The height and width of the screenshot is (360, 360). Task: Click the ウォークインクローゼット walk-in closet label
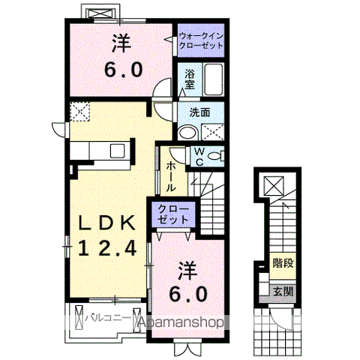pos(201,41)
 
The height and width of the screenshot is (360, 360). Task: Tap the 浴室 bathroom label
pos(190,79)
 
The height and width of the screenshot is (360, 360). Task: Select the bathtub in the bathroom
pos(213,79)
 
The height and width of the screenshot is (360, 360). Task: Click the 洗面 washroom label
pos(199,112)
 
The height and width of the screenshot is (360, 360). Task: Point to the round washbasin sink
pos(188,132)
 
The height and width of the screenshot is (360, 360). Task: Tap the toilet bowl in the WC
pos(215,157)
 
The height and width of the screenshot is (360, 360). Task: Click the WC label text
pos(199,157)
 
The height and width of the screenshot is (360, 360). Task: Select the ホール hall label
pos(171,176)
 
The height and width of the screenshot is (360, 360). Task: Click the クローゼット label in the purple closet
pos(173,214)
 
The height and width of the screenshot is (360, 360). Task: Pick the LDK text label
pos(107,223)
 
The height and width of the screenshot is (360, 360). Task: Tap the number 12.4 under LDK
pos(107,248)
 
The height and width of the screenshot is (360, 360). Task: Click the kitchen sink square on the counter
pos(118,151)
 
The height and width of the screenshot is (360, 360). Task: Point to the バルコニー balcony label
pos(108,318)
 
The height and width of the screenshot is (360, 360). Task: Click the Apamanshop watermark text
pos(181,322)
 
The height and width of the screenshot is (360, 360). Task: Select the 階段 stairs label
pos(283,263)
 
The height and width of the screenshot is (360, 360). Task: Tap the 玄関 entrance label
pos(283,292)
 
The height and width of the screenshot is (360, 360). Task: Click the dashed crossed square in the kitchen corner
pos(79,112)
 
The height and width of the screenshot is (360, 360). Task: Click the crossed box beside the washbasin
pos(213,132)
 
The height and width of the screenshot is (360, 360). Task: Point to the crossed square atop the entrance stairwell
pos(274,186)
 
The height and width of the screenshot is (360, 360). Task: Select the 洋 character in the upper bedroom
pos(121,43)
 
